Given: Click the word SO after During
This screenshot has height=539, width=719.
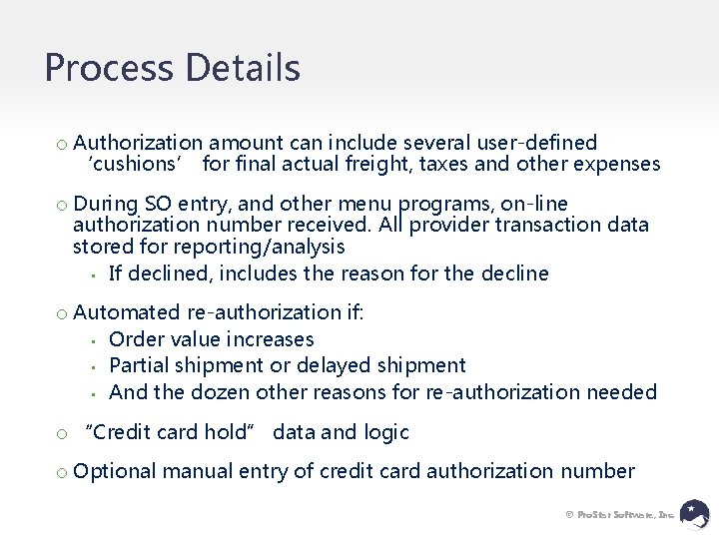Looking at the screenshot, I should (x=158, y=205).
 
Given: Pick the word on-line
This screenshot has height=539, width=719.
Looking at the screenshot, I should (x=528, y=205).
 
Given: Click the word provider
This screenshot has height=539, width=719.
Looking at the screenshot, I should (x=458, y=226).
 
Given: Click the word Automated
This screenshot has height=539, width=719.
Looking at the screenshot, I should (x=127, y=312).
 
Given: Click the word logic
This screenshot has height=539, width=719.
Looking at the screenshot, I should (x=385, y=432).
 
